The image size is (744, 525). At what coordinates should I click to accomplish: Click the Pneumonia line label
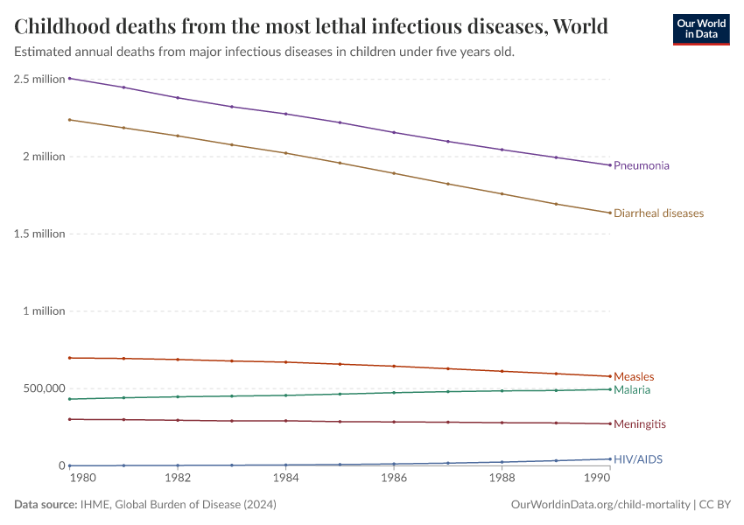642,165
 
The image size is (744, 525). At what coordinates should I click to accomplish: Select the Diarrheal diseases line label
658,213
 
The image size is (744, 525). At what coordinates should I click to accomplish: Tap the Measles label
634,377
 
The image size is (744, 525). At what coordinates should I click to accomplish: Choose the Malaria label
632,389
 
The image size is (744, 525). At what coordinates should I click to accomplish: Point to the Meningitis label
639,424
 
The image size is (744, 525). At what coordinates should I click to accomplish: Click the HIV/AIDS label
638,459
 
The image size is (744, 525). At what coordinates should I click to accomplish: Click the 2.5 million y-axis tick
39,79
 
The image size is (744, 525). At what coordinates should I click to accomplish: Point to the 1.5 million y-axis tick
39,234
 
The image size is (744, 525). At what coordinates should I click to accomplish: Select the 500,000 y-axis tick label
39,388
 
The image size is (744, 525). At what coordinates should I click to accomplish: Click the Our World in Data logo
700,28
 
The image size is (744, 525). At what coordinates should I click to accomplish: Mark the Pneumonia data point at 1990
610,165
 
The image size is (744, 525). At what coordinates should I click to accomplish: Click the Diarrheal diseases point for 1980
69,120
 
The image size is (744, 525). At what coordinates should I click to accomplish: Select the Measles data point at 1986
394,366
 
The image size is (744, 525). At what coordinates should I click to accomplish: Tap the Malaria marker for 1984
285,395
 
